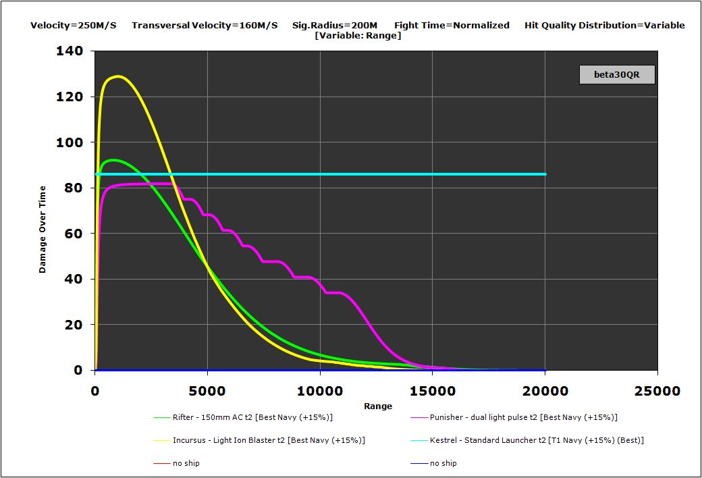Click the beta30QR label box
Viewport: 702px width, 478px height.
coord(617,74)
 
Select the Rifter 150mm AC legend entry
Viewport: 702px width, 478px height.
coord(252,417)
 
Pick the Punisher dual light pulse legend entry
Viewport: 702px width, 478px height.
coord(523,417)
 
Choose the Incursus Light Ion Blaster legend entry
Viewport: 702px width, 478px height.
coord(269,440)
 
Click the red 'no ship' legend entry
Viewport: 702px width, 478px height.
coord(186,463)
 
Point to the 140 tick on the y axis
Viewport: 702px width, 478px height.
coord(70,51)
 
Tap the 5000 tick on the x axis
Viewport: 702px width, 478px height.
coord(207,391)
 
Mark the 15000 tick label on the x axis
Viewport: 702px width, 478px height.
coord(432,391)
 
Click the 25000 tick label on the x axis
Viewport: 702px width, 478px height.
coord(657,391)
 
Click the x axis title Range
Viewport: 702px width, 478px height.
coord(377,406)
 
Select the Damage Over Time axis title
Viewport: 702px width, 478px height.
coord(43,229)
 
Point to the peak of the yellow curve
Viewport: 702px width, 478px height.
coord(119,76)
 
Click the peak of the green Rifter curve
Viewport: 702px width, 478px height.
coord(112,160)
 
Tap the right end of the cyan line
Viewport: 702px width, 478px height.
coord(545,174)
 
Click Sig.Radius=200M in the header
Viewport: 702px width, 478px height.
coord(335,25)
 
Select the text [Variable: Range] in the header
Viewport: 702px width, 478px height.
coord(358,35)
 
